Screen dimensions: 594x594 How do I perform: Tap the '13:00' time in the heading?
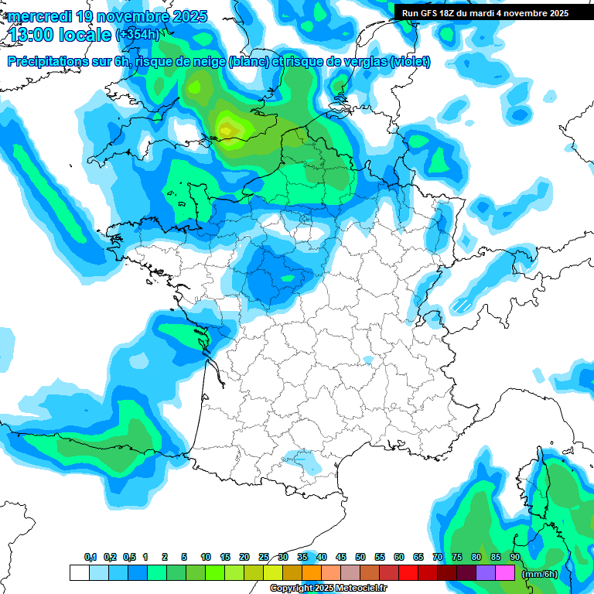click(x=31, y=34)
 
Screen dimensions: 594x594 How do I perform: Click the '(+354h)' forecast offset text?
click(x=137, y=35)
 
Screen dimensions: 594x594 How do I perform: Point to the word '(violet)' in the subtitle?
click(x=411, y=62)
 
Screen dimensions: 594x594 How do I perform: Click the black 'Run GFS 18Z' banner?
click(x=485, y=12)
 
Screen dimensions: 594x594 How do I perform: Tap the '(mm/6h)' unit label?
click(x=540, y=573)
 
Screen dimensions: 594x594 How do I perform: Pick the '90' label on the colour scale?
click(x=515, y=557)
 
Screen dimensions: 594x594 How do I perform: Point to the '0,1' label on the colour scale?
click(x=90, y=557)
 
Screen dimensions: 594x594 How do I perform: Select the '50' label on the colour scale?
click(x=360, y=557)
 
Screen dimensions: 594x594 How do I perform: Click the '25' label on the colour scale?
click(x=264, y=557)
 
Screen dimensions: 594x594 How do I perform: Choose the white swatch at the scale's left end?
click(x=79, y=572)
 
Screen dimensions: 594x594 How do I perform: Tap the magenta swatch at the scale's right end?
click(x=505, y=572)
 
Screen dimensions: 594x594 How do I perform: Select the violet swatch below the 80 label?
click(x=486, y=572)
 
